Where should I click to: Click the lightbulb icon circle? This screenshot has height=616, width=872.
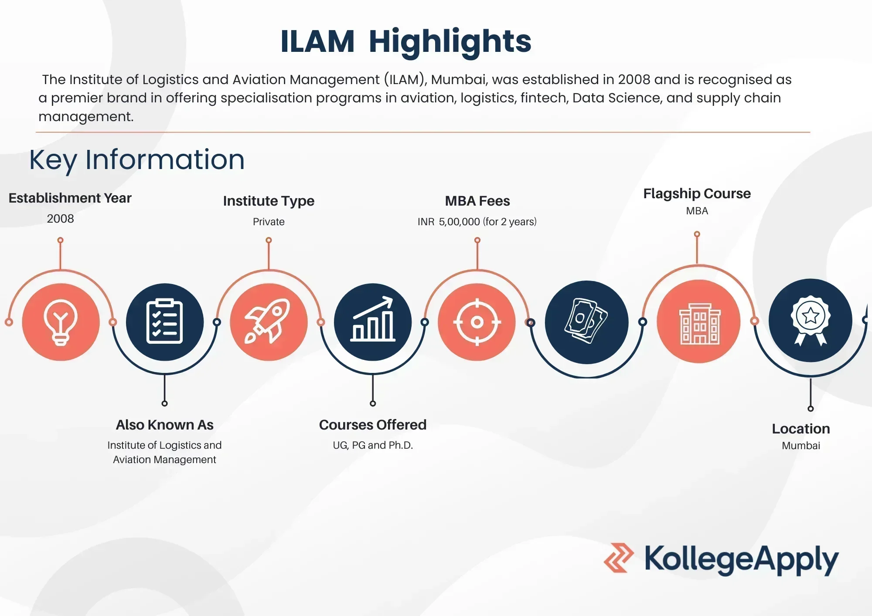[x=61, y=322]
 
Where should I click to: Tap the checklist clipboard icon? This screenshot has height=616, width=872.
[x=164, y=322]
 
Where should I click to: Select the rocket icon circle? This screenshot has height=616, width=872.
[x=269, y=322]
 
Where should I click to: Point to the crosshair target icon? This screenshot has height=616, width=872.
[x=477, y=322]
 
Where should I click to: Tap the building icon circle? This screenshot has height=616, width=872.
[x=698, y=322]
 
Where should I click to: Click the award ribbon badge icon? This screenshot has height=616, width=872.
[x=811, y=320]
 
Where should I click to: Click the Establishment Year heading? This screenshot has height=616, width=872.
[x=70, y=198]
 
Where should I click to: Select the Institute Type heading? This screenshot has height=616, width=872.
[x=269, y=201]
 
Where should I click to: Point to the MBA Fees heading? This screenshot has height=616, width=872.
[x=477, y=201]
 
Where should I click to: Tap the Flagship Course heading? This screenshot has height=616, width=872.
[x=697, y=194]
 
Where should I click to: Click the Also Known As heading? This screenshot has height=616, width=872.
[x=165, y=425]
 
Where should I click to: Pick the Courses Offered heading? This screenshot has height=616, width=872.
[x=373, y=425]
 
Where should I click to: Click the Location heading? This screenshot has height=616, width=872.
[x=801, y=429]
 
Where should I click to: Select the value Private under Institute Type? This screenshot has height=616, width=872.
[x=269, y=222]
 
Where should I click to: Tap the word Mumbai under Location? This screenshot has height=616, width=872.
[x=801, y=446]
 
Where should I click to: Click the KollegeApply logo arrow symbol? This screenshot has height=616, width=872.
[x=619, y=558]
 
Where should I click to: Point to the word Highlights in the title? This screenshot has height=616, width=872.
[x=450, y=42]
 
